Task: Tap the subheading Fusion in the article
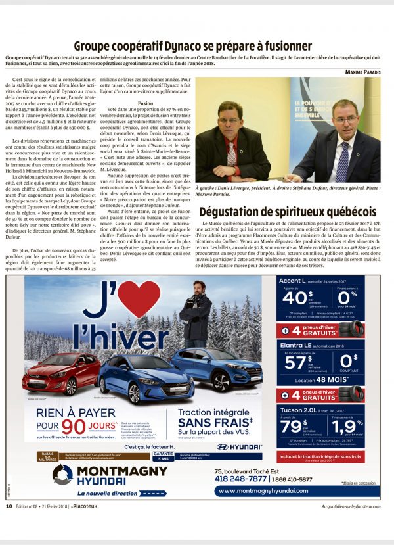[146, 103]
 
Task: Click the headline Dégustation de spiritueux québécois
[288, 212]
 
